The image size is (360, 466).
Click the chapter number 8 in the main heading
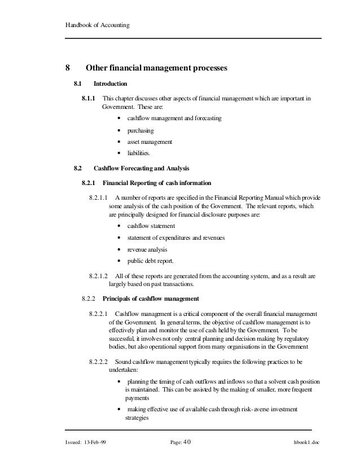(67, 69)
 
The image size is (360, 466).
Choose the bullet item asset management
(150, 141)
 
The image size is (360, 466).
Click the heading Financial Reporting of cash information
(157, 183)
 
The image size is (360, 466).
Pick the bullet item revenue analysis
(147, 249)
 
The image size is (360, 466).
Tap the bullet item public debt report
(151, 261)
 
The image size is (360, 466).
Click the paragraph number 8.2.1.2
(99, 276)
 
